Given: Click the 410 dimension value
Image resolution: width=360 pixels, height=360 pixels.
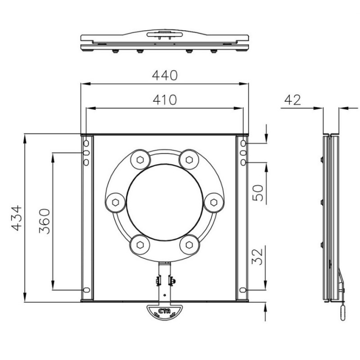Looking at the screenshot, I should [x=164, y=99].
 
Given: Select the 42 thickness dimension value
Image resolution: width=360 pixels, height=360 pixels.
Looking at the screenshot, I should [x=292, y=99].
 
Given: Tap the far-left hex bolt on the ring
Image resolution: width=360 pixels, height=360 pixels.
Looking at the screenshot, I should [x=115, y=201].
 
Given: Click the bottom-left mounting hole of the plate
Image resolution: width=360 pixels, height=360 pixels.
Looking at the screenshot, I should [x=86, y=290].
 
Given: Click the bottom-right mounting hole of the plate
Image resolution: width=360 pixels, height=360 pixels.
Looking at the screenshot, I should [x=243, y=290].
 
